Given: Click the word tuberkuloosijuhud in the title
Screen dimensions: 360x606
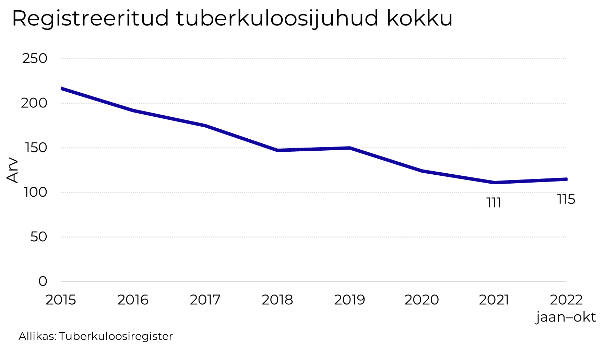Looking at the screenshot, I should tap(277, 19).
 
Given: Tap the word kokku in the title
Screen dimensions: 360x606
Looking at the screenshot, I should tap(419, 19).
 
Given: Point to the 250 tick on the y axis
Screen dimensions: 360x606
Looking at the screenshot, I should tap(35, 59).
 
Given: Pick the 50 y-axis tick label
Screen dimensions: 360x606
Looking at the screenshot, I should tap(38, 237).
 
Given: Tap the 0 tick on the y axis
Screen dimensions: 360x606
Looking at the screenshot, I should tap(43, 281).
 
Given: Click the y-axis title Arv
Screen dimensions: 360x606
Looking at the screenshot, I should tap(12, 170).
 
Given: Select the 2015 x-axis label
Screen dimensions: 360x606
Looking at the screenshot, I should tap(61, 300).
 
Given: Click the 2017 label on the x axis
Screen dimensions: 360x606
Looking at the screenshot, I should tap(205, 300).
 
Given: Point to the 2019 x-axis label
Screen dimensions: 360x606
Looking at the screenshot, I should tap(349, 300).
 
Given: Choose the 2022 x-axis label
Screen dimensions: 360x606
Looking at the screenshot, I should tap(566, 300).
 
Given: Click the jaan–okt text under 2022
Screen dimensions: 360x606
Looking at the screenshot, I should tap(566, 317).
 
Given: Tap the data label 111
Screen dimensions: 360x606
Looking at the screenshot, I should tap(494, 203).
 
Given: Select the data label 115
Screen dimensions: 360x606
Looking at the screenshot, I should tap(566, 199).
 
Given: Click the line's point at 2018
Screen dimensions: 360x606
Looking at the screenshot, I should tap(277, 150).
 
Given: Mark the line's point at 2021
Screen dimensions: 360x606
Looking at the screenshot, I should tap(494, 183).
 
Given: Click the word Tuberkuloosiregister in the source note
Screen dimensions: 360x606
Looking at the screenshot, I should tap(116, 336).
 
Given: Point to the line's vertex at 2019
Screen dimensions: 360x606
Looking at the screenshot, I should tap(349, 148).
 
